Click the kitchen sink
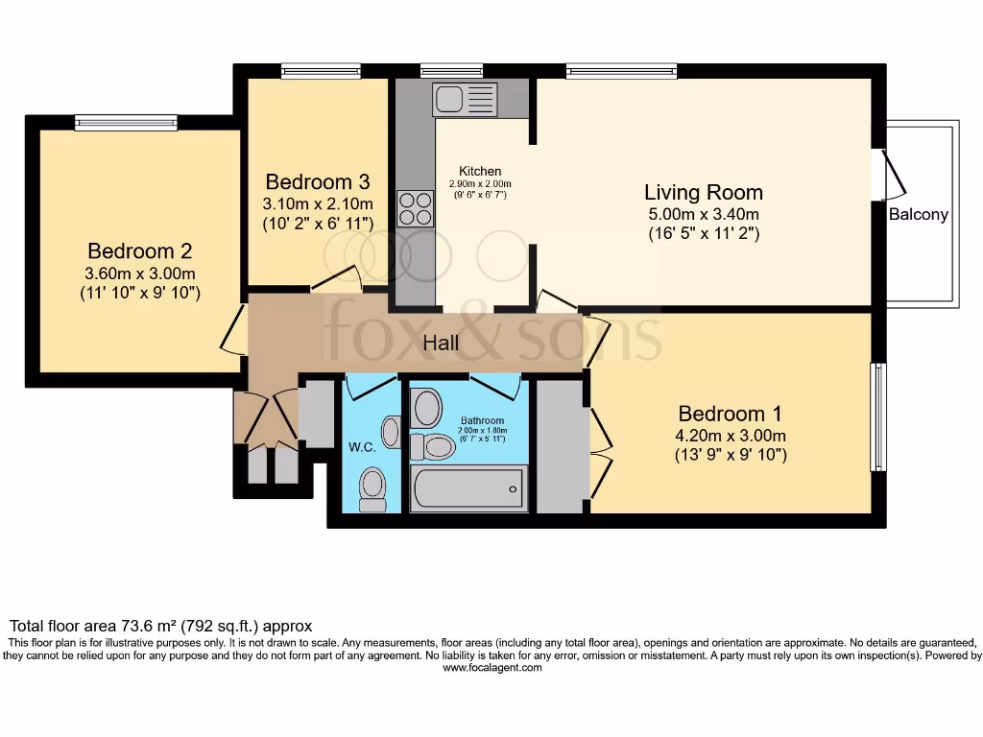[465, 99]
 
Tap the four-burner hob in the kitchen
[415, 208]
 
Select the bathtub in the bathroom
[468, 487]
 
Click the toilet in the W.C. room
[372, 488]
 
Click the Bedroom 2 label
[140, 251]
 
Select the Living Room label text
[703, 192]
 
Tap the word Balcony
[918, 215]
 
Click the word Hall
[442, 344]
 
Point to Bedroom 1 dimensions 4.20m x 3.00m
[731, 436]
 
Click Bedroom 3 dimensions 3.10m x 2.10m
[318, 203]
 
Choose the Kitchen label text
[480, 172]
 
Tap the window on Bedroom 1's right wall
[877, 416]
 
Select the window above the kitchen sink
[451, 70]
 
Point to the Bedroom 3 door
[335, 279]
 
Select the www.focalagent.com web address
[491, 668]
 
